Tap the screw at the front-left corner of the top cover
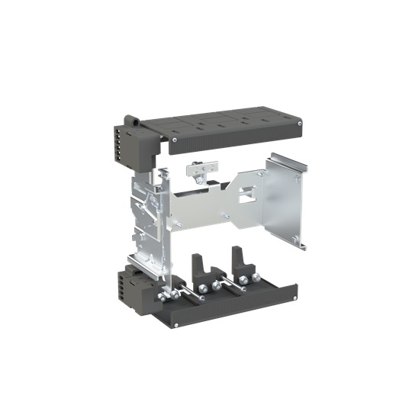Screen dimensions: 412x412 click(x=175, y=140)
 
